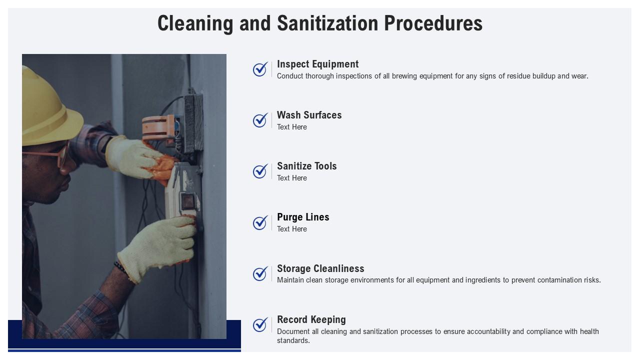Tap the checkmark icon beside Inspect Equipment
click(260, 69)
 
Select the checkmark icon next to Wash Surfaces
click(260, 120)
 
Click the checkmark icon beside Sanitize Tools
click(260, 171)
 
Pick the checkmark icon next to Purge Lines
click(260, 222)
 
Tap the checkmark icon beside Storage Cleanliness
click(260, 274)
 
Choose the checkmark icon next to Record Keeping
click(260, 325)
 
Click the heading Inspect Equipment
click(317, 64)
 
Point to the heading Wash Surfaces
click(309, 115)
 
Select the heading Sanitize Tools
click(306, 166)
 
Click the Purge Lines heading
click(303, 217)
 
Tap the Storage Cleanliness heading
click(320, 268)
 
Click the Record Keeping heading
click(311, 319)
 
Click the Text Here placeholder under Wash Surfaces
click(292, 127)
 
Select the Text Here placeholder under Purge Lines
click(292, 229)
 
